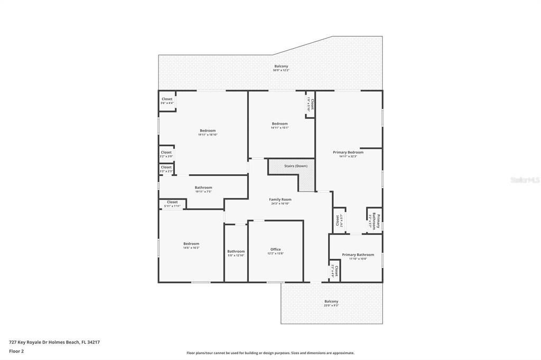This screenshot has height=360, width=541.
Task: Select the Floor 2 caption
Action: tap(17, 351)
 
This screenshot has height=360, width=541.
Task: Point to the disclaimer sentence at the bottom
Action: tap(270, 353)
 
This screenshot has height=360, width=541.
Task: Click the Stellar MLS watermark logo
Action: tap(525, 180)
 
